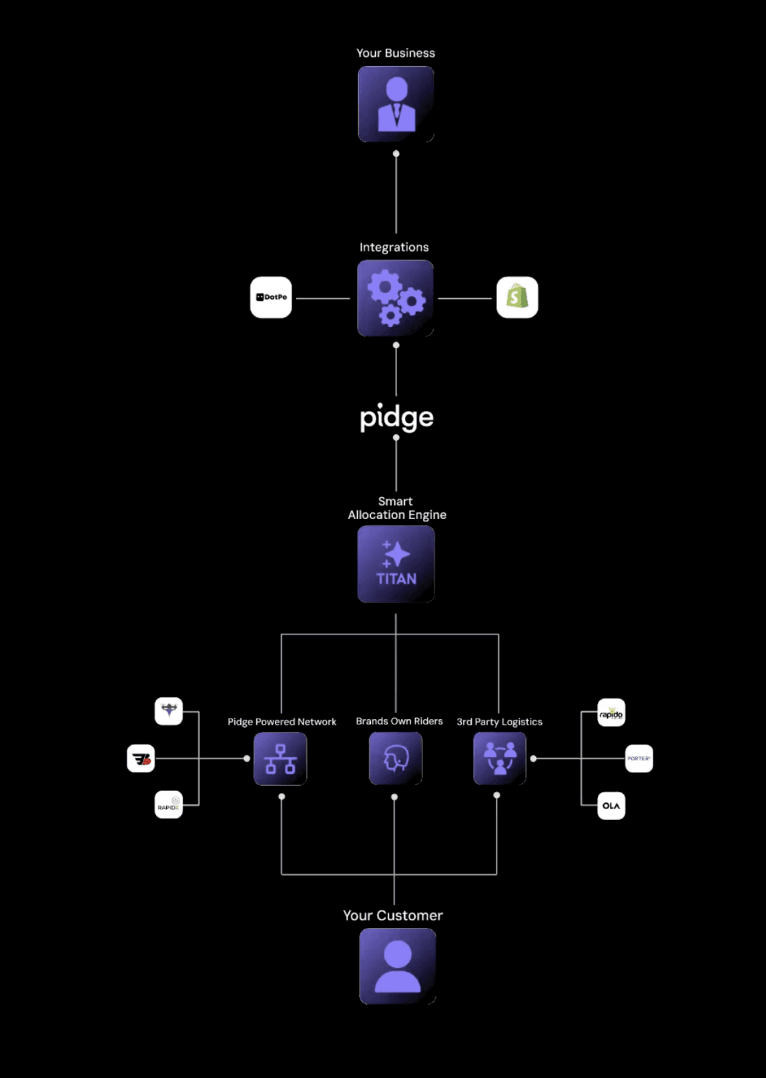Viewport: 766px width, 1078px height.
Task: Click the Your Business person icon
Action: pyautogui.click(x=396, y=104)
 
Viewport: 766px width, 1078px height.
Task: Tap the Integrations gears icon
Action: pyautogui.click(x=395, y=298)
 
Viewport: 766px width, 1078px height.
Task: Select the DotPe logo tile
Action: pyautogui.click(x=271, y=298)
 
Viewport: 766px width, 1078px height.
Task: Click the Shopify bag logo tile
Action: pyautogui.click(x=517, y=298)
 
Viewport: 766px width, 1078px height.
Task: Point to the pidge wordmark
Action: pyautogui.click(x=396, y=418)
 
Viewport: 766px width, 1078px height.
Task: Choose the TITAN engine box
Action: pyautogui.click(x=396, y=564)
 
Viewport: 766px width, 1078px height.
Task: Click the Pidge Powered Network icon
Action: pyautogui.click(x=280, y=758)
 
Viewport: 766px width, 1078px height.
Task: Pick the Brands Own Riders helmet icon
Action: pyautogui.click(x=395, y=758)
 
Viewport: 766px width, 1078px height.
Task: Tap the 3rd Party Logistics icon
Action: pyautogui.click(x=499, y=758)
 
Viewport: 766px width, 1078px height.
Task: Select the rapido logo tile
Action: pyautogui.click(x=611, y=712)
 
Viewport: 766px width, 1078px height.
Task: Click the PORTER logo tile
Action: pyautogui.click(x=639, y=758)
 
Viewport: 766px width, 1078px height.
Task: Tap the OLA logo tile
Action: pyautogui.click(x=611, y=806)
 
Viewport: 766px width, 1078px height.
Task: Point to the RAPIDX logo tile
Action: pyautogui.click(x=169, y=804)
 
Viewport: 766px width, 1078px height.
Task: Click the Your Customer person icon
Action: pyautogui.click(x=398, y=966)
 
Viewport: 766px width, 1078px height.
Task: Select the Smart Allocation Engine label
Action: pyautogui.click(x=396, y=508)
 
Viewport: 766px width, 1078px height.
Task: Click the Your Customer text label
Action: pyautogui.click(x=393, y=916)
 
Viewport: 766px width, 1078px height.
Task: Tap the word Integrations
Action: pyautogui.click(x=394, y=247)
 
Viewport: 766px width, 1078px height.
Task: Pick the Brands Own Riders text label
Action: pyautogui.click(x=399, y=721)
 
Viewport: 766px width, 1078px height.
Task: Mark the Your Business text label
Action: pyautogui.click(x=396, y=53)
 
